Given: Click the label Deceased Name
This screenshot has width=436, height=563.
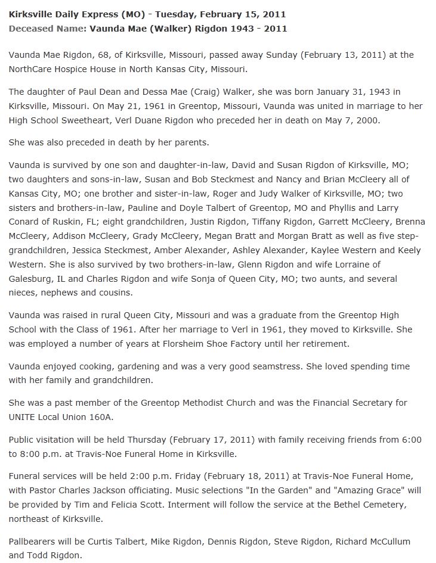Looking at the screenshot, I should pyautogui.click(x=46, y=28).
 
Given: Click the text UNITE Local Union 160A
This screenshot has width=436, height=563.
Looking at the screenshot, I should pyautogui.click(x=61, y=417).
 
